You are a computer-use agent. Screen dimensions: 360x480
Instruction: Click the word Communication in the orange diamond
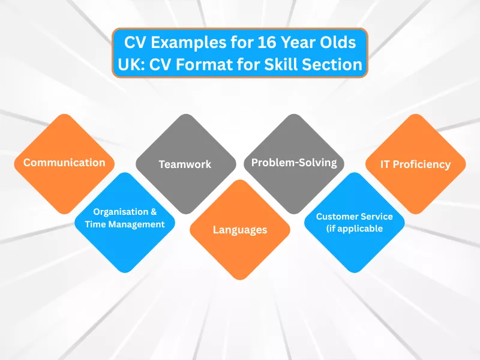[x=64, y=163]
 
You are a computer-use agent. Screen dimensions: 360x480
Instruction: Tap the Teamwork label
[x=185, y=164]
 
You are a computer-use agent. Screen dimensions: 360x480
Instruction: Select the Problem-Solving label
[x=294, y=163]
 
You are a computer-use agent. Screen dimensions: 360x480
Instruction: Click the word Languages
[x=240, y=230]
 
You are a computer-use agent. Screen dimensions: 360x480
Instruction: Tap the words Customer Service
[x=355, y=216]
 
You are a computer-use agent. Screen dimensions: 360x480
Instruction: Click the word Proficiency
[x=422, y=164]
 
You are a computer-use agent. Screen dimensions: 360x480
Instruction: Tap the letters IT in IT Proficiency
[x=387, y=164]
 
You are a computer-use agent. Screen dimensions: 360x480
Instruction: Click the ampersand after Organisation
[x=155, y=212]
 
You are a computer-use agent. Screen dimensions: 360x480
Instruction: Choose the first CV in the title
[x=134, y=44]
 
